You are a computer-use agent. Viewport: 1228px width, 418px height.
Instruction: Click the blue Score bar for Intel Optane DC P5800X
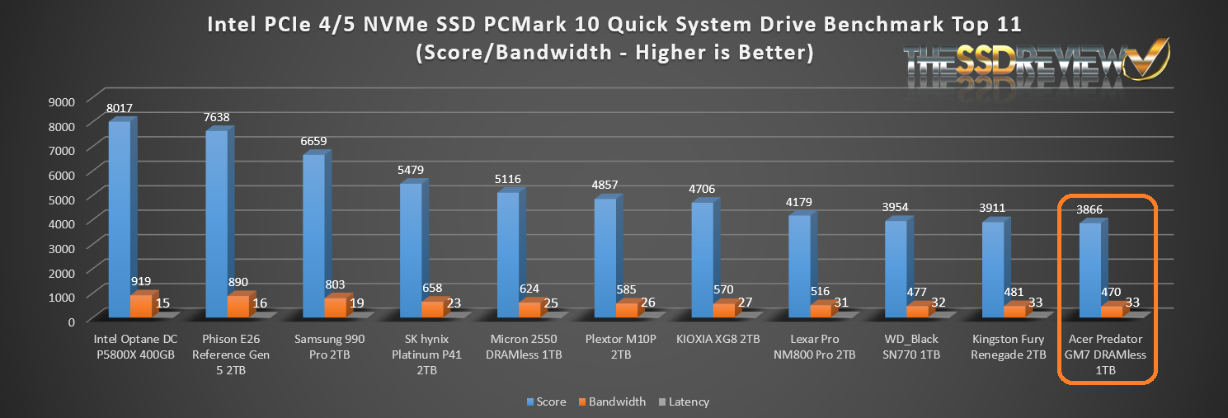[x=119, y=218]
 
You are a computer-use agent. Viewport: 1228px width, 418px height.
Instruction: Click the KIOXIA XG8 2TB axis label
[x=718, y=340]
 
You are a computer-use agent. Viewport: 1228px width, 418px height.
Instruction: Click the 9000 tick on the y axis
[x=64, y=101]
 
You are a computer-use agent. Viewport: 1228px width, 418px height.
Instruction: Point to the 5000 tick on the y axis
[x=64, y=199]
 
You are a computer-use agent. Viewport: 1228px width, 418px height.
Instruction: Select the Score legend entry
[x=546, y=402]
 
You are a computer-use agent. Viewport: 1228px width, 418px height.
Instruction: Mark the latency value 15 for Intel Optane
[x=163, y=303]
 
